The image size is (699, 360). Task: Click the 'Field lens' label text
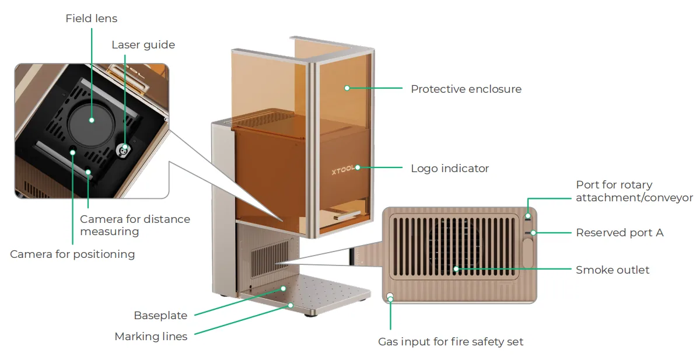point(92,19)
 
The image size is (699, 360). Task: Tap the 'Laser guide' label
point(143,45)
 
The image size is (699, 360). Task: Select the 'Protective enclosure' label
point(466,89)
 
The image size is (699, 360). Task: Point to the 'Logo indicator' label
point(450,169)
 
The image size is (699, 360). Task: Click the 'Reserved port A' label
point(620,233)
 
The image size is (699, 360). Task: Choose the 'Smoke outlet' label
point(613,270)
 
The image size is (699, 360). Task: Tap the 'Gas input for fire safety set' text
point(450,342)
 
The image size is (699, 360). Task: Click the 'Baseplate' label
point(160,316)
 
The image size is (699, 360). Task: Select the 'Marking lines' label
point(151,337)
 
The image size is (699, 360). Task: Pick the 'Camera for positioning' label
point(72,254)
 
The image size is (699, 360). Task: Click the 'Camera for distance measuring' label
point(135,225)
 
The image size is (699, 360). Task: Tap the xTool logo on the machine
point(343,170)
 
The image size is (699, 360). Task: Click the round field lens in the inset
point(92,120)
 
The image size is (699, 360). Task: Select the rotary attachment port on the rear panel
point(528,216)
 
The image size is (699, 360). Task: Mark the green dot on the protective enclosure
point(347,88)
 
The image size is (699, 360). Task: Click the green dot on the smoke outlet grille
point(456,269)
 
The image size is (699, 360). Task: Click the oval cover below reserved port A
point(528,253)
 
